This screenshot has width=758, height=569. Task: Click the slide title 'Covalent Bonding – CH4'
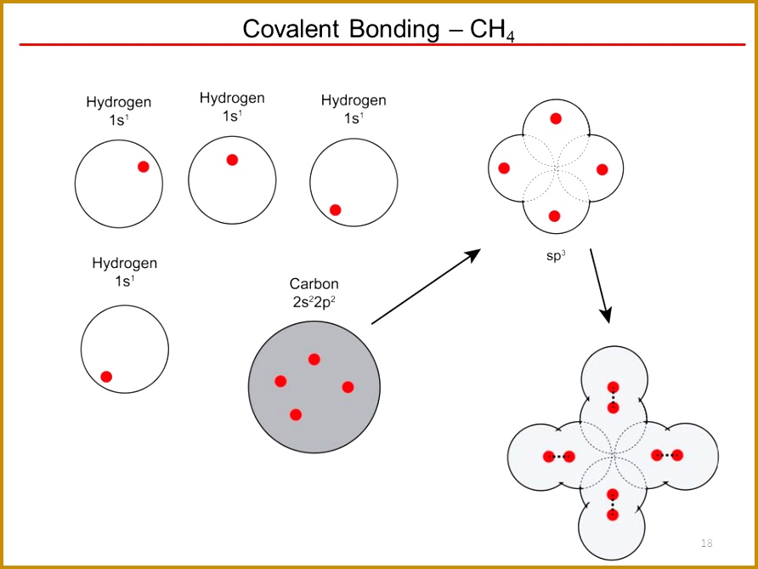point(378,28)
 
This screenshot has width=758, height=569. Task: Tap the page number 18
point(706,543)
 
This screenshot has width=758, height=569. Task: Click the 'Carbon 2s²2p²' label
point(314,292)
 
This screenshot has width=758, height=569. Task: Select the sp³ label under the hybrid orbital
point(556,253)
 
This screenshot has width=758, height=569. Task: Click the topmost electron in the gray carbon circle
point(314,359)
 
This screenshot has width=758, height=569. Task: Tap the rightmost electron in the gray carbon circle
point(348,387)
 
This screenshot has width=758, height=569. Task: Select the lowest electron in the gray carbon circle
point(296,414)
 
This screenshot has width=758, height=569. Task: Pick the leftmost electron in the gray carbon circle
point(280,381)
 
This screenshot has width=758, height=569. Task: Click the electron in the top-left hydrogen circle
point(144,167)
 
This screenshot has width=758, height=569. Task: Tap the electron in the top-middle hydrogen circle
point(232,160)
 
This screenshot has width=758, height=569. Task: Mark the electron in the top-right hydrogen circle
point(335,209)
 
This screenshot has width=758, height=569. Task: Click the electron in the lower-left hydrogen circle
point(106,376)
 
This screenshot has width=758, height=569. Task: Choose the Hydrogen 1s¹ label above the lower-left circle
point(124,271)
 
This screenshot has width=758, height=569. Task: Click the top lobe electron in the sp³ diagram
point(556,119)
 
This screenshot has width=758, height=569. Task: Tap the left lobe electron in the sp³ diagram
point(504,168)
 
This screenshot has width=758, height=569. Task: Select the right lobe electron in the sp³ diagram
point(602,169)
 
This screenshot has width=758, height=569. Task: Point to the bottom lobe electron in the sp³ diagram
point(555,216)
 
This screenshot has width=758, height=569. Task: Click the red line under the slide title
point(378,44)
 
